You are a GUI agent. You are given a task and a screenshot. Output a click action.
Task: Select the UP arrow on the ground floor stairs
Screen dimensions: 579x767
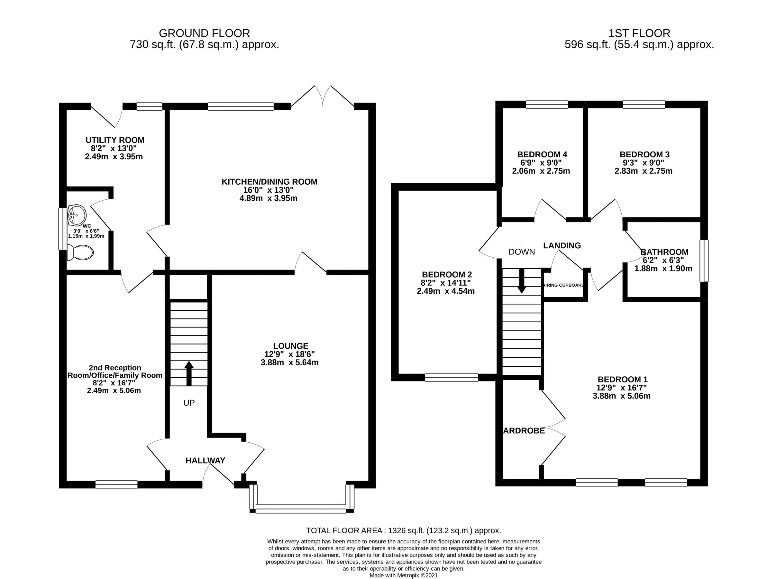coord(189,373)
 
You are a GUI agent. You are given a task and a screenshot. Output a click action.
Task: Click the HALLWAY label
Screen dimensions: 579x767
coord(205,460)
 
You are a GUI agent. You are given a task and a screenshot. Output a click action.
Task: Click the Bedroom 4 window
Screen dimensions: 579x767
coord(547,104)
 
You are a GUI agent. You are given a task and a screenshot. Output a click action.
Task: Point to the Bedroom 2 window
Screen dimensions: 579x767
coord(452,377)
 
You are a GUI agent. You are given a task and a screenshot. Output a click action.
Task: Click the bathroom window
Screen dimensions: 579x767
coord(704,261)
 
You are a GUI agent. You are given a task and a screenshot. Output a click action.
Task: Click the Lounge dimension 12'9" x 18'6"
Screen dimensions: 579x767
coord(289,354)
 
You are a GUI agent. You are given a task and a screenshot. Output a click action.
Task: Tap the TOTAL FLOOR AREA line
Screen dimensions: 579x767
coord(403,530)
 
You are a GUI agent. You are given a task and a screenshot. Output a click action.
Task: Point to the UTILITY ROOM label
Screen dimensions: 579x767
coord(115,140)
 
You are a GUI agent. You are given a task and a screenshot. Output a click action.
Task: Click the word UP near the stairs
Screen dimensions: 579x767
coord(189,403)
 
